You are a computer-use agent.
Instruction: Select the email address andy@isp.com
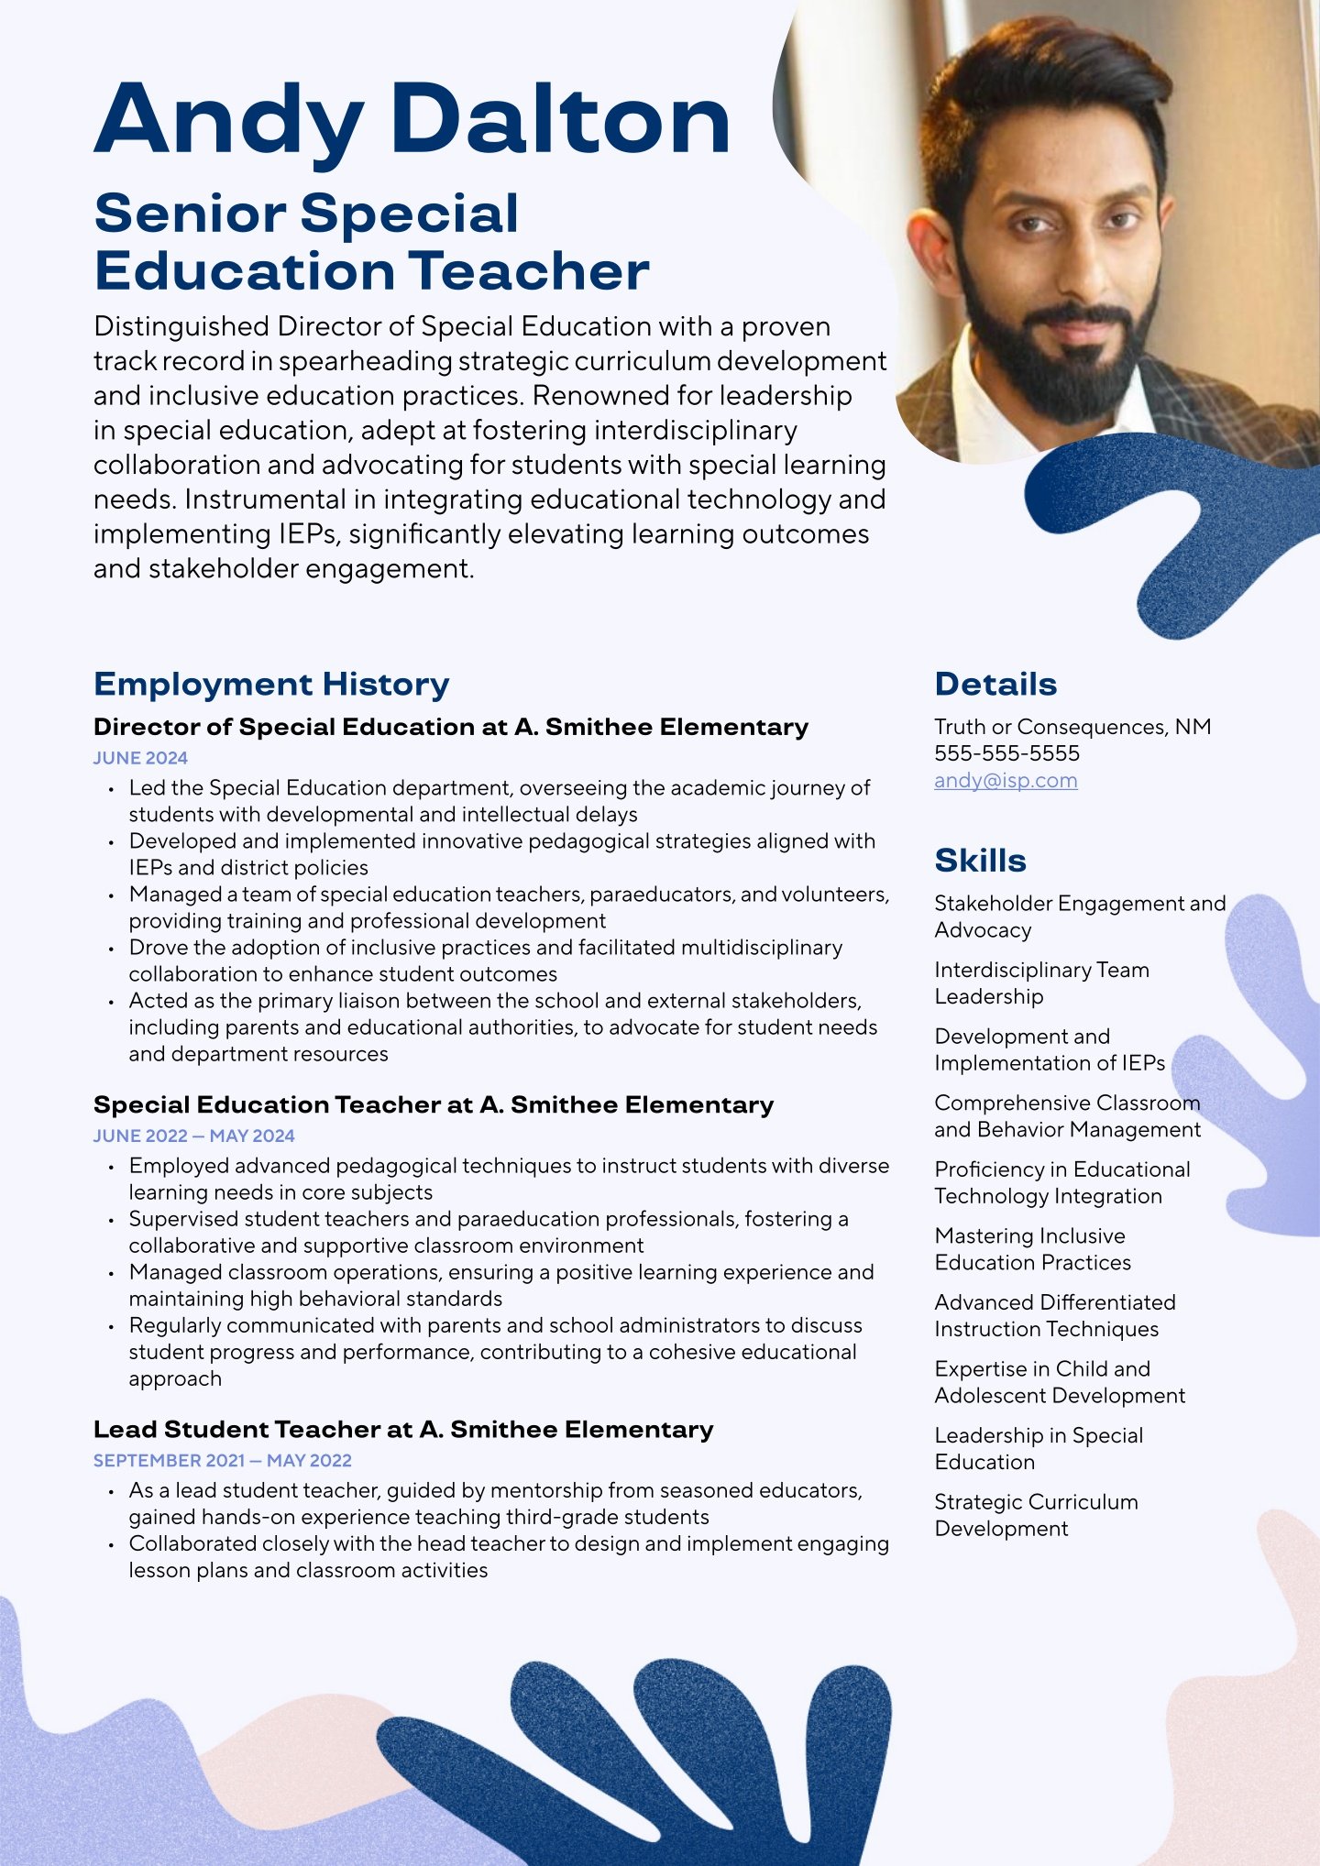pyautogui.click(x=1006, y=781)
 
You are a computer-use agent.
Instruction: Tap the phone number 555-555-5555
pyautogui.click(x=1006, y=753)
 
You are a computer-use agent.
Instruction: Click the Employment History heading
pyautogui.click(x=271, y=685)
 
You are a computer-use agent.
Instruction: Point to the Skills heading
pyautogui.click(x=980, y=861)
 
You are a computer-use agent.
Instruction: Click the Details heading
pyautogui.click(x=995, y=685)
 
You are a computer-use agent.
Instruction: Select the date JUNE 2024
pyautogui.click(x=140, y=758)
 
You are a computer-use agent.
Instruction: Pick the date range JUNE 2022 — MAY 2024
pyautogui.click(x=193, y=1136)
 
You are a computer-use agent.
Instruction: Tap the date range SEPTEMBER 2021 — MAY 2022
pyautogui.click(x=222, y=1460)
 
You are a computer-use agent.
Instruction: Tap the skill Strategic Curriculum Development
pyautogui.click(x=1036, y=1515)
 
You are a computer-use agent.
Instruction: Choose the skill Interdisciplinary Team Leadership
pyautogui.click(x=1041, y=982)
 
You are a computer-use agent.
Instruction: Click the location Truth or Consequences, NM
pyautogui.click(x=1072, y=727)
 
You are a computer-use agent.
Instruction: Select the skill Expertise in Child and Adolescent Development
pyautogui.click(x=1060, y=1382)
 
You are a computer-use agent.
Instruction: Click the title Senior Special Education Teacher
pyautogui.click(x=371, y=242)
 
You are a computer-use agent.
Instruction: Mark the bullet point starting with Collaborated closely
pyautogui.click(x=509, y=1556)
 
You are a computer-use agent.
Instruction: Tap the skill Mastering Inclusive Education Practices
pyautogui.click(x=1033, y=1249)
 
